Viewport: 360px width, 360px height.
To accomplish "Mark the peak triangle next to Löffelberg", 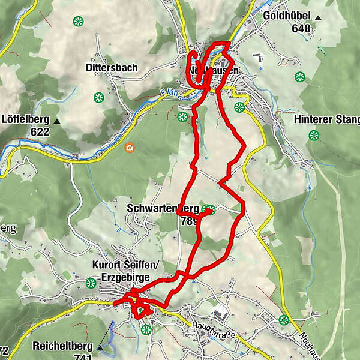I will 56,121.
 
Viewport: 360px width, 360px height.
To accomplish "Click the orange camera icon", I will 129,147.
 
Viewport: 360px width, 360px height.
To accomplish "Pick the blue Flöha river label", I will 171,94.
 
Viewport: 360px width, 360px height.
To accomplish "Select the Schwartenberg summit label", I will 163,208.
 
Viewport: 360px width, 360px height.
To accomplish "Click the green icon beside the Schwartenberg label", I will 208,209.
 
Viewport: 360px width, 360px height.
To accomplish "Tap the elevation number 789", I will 188,220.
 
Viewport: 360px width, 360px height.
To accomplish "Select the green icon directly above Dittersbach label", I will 78,22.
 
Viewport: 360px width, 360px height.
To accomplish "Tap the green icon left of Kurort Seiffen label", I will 91,283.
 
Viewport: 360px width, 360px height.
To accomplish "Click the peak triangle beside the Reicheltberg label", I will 100,347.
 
